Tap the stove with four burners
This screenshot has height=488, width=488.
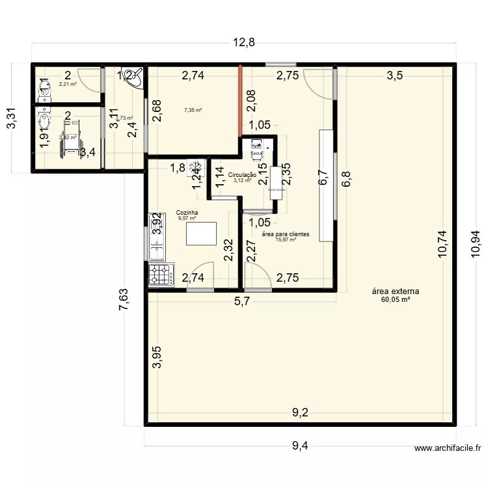pyautogui.click(x=160, y=275)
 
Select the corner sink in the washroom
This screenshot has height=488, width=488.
pyautogui.click(x=131, y=75)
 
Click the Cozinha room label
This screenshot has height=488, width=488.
pyautogui.click(x=187, y=213)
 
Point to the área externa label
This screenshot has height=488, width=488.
pyautogui.click(x=396, y=291)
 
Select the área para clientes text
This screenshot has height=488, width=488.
pyautogui.click(x=285, y=234)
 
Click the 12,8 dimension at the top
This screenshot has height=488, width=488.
pyautogui.click(x=243, y=42)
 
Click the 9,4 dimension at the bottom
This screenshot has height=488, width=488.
pyautogui.click(x=300, y=446)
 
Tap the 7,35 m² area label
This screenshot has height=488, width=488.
pyautogui.click(x=193, y=111)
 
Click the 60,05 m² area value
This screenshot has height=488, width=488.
pyautogui.click(x=396, y=300)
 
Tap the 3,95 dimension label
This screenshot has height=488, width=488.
pyautogui.click(x=156, y=357)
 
